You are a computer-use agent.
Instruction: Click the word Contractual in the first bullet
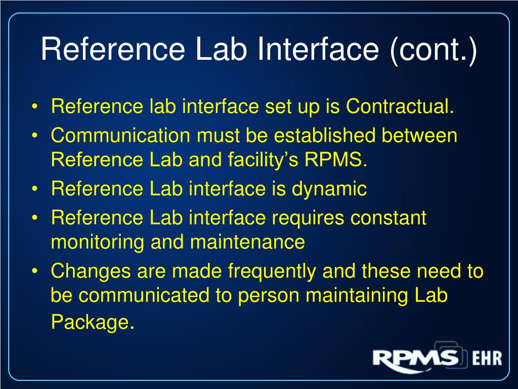(398, 107)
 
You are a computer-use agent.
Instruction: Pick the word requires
(309, 218)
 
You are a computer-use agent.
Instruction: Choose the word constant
(390, 218)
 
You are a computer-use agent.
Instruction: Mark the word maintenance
(248, 243)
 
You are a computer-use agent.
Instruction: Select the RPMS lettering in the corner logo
(415, 358)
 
